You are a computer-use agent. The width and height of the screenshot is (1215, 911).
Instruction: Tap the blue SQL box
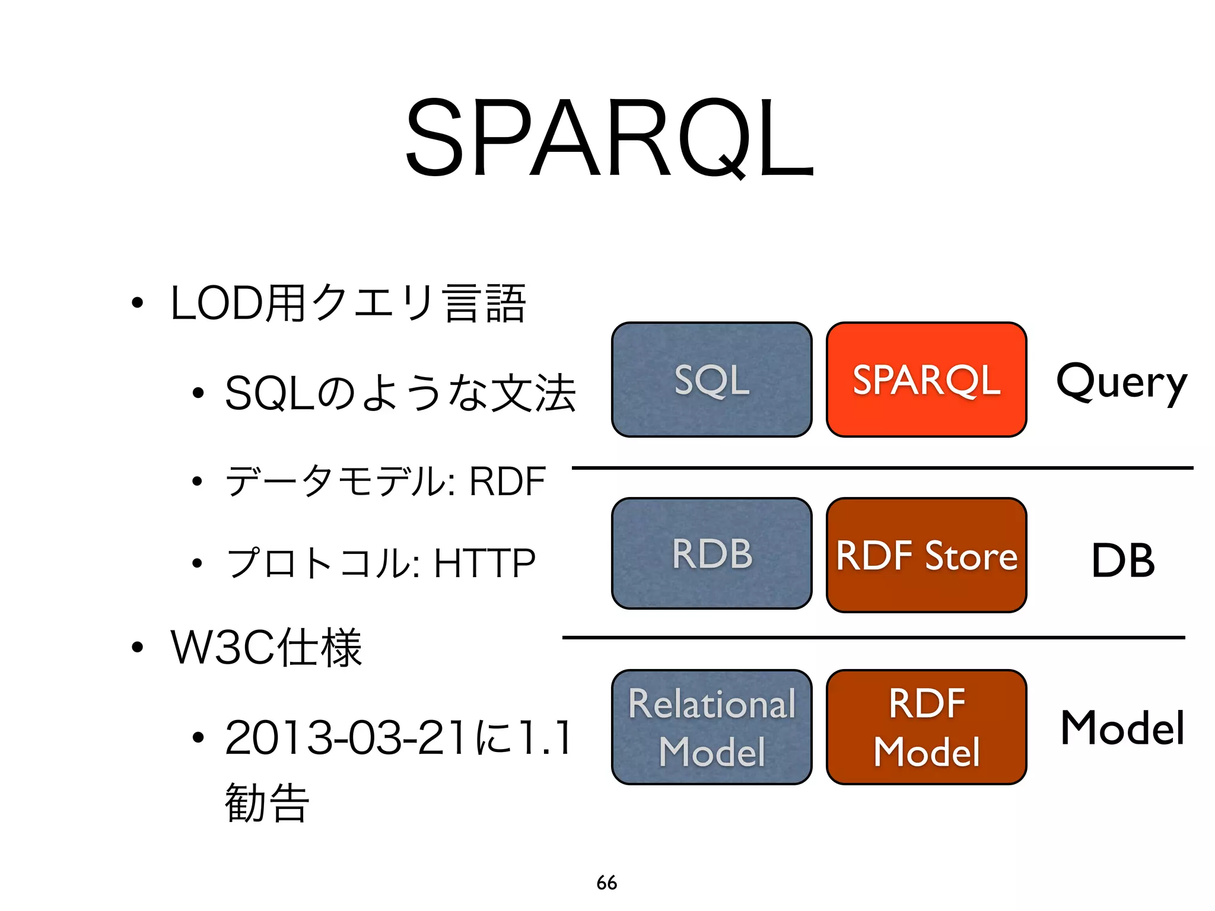(x=711, y=380)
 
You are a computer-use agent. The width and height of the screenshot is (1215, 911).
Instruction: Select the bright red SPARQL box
(x=926, y=380)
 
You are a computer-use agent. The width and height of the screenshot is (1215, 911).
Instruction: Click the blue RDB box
(x=711, y=553)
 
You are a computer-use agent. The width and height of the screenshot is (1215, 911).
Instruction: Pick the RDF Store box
(x=926, y=555)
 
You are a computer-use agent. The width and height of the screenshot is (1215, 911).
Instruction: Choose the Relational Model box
(x=711, y=727)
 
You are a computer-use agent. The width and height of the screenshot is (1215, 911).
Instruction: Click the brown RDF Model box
(x=926, y=727)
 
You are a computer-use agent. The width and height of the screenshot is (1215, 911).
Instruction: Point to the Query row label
(x=1121, y=383)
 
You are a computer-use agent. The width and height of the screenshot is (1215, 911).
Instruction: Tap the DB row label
(x=1123, y=560)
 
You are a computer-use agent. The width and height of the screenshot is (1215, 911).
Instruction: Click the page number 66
(x=607, y=883)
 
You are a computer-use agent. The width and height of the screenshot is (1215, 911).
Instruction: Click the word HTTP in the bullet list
(x=485, y=563)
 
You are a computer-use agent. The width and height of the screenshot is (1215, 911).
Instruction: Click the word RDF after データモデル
(x=507, y=481)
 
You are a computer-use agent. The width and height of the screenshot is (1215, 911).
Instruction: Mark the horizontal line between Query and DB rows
(x=882, y=468)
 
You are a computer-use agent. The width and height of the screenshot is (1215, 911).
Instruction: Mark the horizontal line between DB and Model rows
(x=873, y=638)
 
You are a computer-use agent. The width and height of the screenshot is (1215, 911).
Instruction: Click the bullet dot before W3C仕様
(x=137, y=648)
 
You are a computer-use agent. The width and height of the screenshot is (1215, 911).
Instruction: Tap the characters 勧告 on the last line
(x=267, y=803)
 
